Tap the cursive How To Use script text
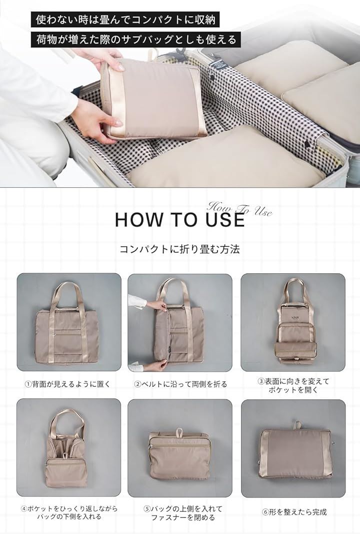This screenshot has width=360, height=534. [x=239, y=209]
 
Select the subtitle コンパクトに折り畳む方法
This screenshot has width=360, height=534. [x=179, y=249]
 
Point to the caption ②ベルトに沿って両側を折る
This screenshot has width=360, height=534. [x=180, y=384]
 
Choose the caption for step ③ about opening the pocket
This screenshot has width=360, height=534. [x=293, y=385]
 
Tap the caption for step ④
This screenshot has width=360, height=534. [x=69, y=512]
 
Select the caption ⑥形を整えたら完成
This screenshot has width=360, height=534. [x=294, y=512]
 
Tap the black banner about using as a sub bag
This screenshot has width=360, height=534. [x=136, y=40]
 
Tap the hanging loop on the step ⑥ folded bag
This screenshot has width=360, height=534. [x=297, y=425]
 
